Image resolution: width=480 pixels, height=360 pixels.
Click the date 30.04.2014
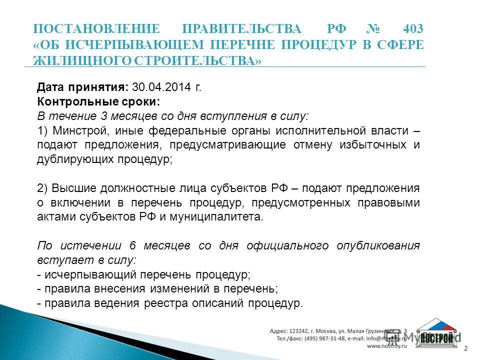pos(161,87)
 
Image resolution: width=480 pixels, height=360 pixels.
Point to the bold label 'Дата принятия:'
pos(83,87)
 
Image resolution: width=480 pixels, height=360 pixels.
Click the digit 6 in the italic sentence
pos(132,246)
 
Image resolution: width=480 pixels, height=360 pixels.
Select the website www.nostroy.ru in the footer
pos(387,345)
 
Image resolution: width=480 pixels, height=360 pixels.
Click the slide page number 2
pos(466,348)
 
